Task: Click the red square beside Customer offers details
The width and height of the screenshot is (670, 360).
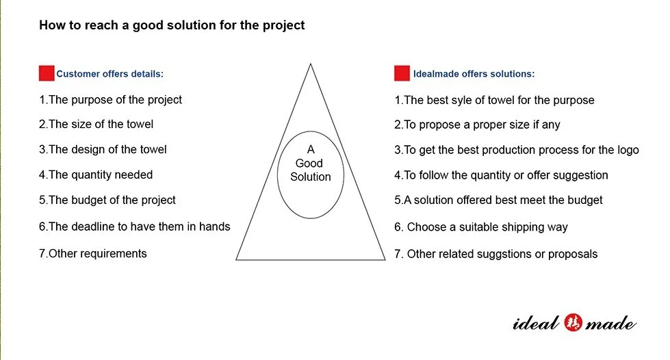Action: (47, 73)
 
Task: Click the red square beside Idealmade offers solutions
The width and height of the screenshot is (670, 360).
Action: (402, 73)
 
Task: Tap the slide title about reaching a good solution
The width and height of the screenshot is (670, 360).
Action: (172, 26)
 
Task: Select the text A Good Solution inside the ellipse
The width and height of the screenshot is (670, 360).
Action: (310, 163)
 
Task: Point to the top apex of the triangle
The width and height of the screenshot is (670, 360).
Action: (311, 64)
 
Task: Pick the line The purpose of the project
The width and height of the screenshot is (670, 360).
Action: (110, 100)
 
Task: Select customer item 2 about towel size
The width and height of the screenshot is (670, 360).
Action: (96, 125)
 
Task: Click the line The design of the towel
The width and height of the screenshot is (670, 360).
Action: (103, 149)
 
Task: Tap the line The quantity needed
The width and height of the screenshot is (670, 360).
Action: (95, 175)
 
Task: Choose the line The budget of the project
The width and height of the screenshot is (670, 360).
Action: (107, 200)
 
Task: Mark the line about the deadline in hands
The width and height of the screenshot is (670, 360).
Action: (134, 227)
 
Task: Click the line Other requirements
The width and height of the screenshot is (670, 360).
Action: (92, 253)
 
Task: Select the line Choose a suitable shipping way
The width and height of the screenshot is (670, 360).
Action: (481, 227)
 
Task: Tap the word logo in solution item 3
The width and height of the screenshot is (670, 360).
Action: (628, 150)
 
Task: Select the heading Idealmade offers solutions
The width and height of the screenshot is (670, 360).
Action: (474, 74)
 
